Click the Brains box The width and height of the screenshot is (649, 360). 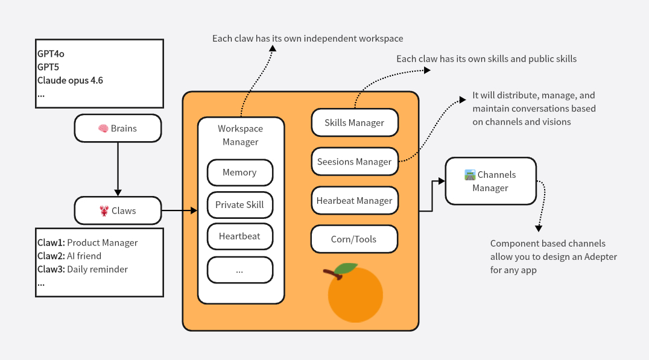click(118, 128)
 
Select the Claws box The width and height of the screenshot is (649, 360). click(118, 211)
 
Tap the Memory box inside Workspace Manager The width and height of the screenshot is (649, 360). click(239, 172)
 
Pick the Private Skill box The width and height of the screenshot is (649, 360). click(239, 204)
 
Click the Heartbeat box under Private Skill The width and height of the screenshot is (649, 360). click(239, 236)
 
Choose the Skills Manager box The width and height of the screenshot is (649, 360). click(354, 123)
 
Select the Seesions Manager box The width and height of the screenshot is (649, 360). click(354, 162)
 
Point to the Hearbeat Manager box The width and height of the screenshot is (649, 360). click(354, 201)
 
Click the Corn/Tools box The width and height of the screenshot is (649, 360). click(354, 239)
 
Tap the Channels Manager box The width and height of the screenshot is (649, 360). click(490, 181)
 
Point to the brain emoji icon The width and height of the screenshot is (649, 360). click(103, 128)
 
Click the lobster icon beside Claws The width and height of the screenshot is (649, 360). click(104, 211)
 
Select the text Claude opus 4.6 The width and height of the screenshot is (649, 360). click(70, 80)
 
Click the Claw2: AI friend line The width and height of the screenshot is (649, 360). click(69, 256)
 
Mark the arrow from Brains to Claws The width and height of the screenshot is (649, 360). click(118, 169)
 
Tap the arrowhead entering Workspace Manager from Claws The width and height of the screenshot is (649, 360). click(194, 211)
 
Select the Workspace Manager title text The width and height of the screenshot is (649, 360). click(240, 135)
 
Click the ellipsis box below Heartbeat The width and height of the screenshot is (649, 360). click(239, 270)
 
